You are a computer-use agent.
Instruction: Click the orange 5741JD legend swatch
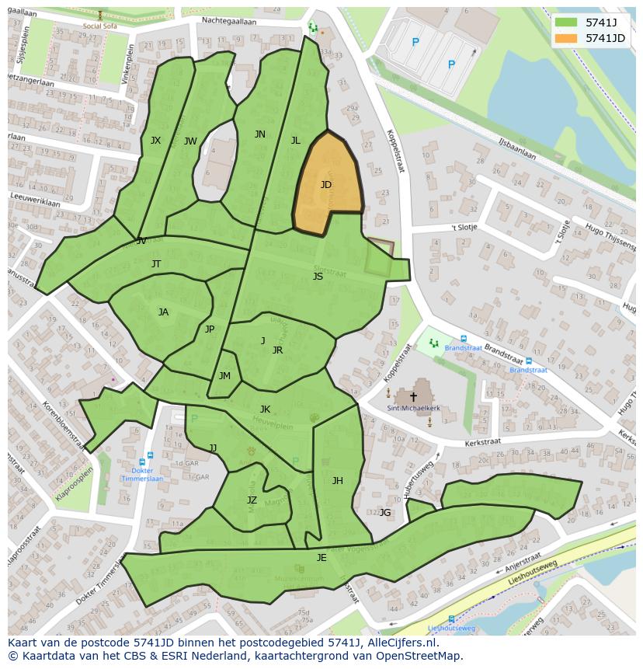566,38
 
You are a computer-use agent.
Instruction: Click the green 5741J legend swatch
566,23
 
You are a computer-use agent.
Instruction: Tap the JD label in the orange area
326,185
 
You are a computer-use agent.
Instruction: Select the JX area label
155,141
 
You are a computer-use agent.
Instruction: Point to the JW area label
190,141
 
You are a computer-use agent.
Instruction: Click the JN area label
260,134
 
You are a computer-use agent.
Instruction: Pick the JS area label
318,277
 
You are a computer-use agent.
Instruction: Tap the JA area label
163,312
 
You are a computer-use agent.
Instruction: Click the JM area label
224,376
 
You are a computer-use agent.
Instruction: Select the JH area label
337,481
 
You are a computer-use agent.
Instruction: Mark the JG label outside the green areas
385,513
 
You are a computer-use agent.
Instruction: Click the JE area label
321,558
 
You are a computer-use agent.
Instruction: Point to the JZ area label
252,500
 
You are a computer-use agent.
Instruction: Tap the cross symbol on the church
413,396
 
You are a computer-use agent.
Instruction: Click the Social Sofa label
100,26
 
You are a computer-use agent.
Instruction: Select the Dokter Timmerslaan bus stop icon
149,456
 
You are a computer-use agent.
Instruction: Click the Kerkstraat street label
482,441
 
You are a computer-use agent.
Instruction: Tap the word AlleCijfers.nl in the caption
401,643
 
